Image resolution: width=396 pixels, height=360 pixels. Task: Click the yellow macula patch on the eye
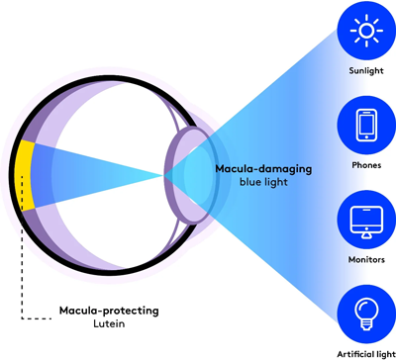[26, 174]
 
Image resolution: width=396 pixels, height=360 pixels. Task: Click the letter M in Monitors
[343, 259]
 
